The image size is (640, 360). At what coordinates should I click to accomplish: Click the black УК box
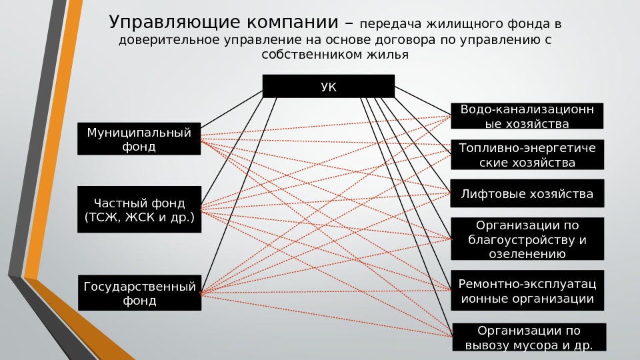click(328, 86)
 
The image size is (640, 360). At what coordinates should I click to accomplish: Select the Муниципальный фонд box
click(139, 139)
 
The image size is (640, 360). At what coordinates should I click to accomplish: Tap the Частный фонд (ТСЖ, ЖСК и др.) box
click(139, 210)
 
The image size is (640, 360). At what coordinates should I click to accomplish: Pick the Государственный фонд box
click(139, 293)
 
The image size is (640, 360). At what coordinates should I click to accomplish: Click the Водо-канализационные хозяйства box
click(527, 115)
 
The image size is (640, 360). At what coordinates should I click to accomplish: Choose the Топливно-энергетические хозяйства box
click(527, 155)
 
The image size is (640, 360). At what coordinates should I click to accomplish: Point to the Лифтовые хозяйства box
click(527, 195)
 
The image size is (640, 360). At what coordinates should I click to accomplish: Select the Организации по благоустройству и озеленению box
click(527, 238)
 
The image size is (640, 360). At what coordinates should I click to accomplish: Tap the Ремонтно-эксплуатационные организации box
click(527, 291)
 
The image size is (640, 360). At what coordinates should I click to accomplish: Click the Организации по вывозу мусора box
click(529, 337)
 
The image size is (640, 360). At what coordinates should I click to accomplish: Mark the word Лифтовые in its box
click(490, 195)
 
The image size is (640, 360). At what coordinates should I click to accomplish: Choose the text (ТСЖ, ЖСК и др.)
click(139, 218)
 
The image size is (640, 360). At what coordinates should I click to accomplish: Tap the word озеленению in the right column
click(527, 254)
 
